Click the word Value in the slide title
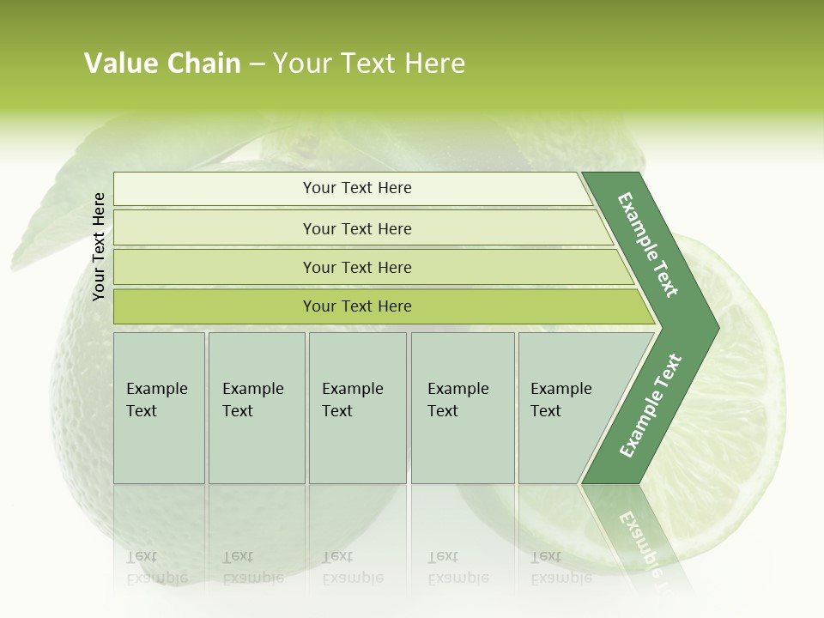[x=119, y=64]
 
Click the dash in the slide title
[x=257, y=64]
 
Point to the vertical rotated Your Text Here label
[x=99, y=246]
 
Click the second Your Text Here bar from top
[x=356, y=228]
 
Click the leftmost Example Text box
[x=159, y=408]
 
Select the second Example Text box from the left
[x=257, y=408]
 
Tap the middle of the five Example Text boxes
[x=357, y=408]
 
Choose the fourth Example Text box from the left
[x=463, y=408]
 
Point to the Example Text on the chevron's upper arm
[x=648, y=245]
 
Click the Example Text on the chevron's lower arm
[x=651, y=406]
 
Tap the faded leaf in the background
[x=51, y=223]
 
